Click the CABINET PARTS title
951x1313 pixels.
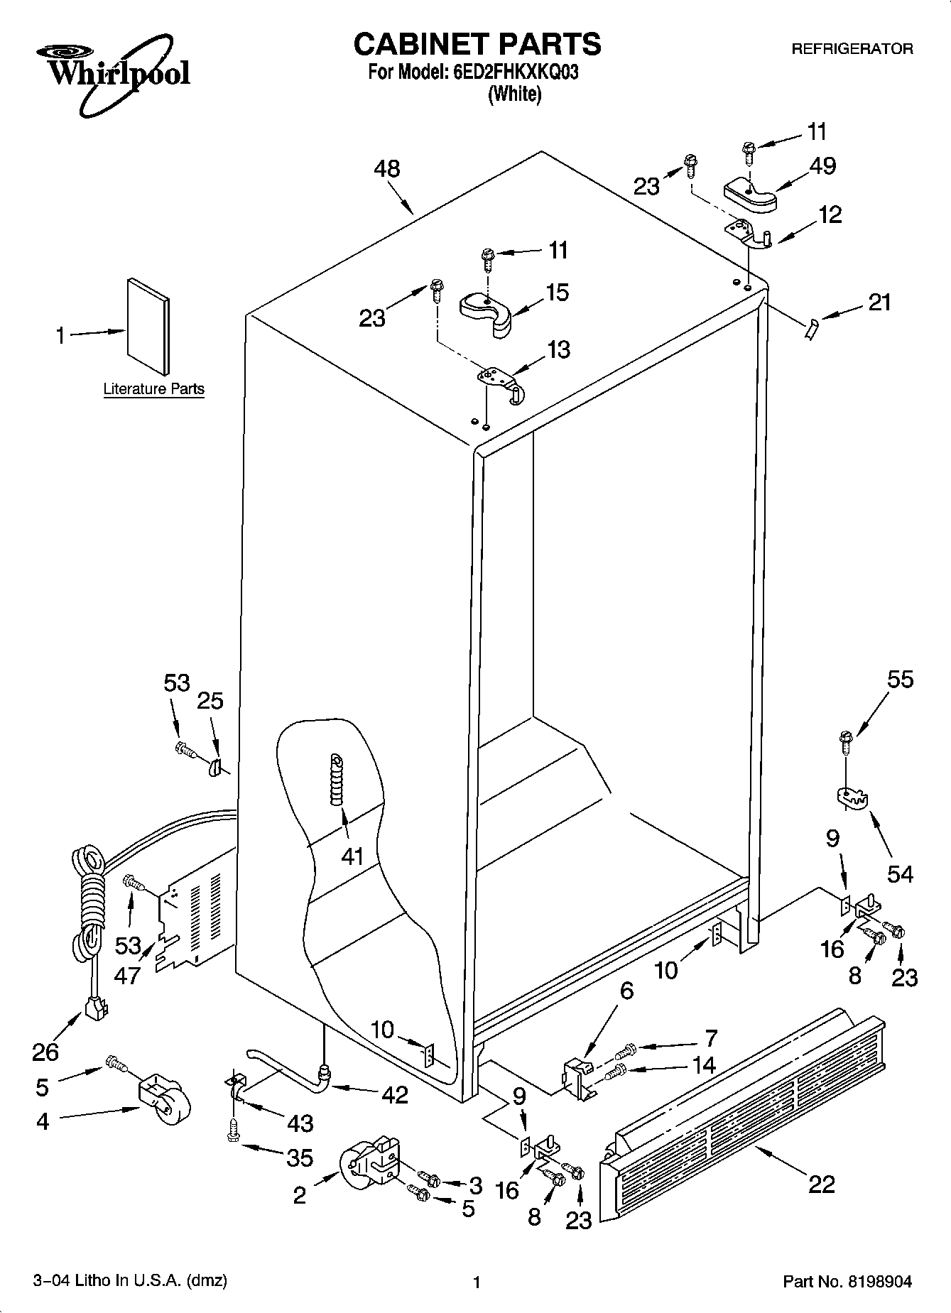tap(477, 44)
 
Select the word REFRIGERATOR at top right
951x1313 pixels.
tap(852, 49)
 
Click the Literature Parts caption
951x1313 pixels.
tap(153, 388)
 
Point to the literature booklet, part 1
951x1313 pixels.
tap(148, 325)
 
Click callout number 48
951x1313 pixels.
tap(387, 168)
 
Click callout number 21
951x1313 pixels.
tap(879, 303)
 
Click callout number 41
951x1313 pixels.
tap(352, 856)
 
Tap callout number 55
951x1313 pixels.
tap(900, 680)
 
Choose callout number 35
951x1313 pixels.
tap(299, 1157)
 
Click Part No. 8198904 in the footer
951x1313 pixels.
tap(847, 1281)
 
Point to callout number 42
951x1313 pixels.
tap(394, 1094)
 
